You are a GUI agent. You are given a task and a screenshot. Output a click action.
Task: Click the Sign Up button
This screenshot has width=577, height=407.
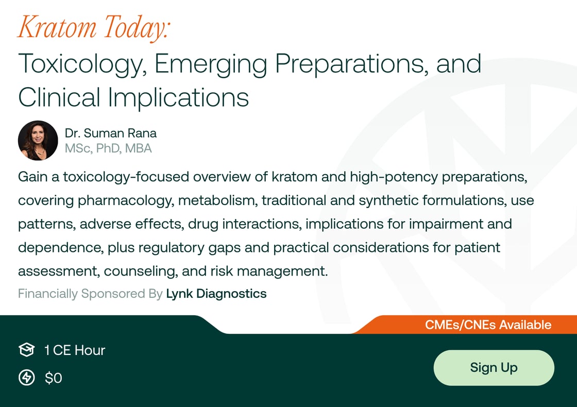[494, 367]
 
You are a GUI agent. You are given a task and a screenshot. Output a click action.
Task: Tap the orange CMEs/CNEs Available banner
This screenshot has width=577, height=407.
[487, 325]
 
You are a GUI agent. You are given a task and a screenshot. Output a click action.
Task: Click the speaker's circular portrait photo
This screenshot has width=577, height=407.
[38, 141]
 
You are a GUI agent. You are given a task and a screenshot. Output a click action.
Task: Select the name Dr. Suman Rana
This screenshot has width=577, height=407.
[110, 133]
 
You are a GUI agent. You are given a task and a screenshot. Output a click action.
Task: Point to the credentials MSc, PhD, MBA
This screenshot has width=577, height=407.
[108, 149]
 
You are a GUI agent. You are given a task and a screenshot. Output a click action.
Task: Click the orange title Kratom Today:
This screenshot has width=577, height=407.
[93, 28]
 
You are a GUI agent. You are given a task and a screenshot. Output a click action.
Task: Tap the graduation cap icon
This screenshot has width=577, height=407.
[26, 350]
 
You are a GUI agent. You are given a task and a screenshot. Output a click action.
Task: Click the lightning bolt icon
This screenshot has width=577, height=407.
[26, 378]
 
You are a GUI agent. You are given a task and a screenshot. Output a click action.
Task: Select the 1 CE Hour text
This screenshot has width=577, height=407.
[75, 350]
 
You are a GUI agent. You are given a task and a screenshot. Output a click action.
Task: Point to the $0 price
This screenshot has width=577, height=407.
[54, 378]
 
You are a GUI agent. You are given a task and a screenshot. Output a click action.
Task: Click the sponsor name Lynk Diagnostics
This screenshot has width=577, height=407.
[216, 294]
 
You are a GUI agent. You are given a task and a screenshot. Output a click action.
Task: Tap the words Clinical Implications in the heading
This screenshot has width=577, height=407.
[133, 97]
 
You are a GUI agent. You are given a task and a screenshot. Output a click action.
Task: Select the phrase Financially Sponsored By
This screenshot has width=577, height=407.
[90, 294]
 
